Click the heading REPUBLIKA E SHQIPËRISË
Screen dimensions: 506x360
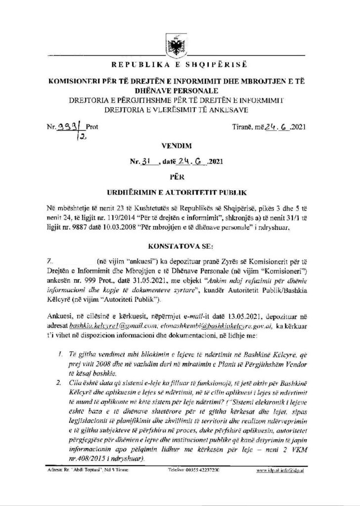180,65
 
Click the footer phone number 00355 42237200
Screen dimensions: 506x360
194,482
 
